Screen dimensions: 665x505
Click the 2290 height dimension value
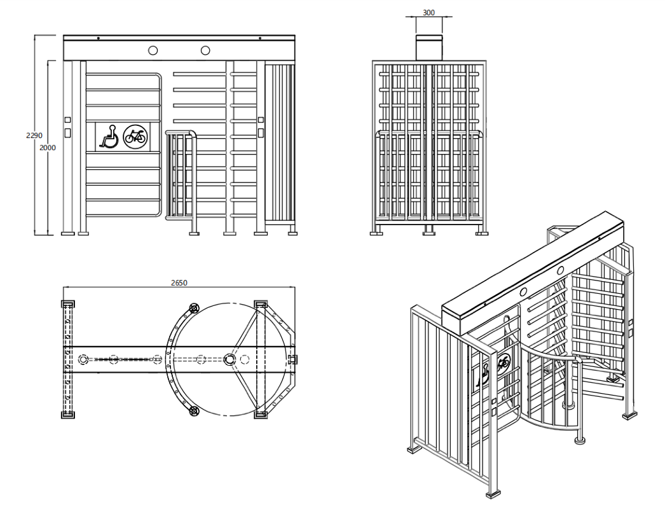click(x=34, y=135)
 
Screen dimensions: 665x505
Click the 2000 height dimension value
click(x=48, y=148)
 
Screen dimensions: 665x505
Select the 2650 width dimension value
click(x=179, y=282)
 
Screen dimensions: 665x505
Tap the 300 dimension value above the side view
click(x=428, y=13)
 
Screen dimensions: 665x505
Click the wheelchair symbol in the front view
click(x=109, y=136)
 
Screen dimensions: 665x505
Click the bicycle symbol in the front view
click(x=135, y=137)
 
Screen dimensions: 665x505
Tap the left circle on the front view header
click(x=153, y=50)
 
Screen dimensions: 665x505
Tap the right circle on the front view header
click(x=205, y=50)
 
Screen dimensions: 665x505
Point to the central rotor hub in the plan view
click(x=230, y=359)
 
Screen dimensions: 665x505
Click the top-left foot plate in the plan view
click(x=68, y=304)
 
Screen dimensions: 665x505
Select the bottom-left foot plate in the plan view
click(x=68, y=415)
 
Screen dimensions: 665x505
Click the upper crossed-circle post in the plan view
click(x=194, y=308)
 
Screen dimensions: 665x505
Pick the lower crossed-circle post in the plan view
click(x=194, y=410)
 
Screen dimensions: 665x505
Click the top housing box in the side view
click(x=428, y=48)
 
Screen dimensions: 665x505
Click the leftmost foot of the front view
click(x=68, y=233)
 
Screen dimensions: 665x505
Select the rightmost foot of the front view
click(x=292, y=233)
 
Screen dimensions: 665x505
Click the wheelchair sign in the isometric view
click(x=483, y=375)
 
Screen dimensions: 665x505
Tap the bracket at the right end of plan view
click(x=292, y=359)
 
